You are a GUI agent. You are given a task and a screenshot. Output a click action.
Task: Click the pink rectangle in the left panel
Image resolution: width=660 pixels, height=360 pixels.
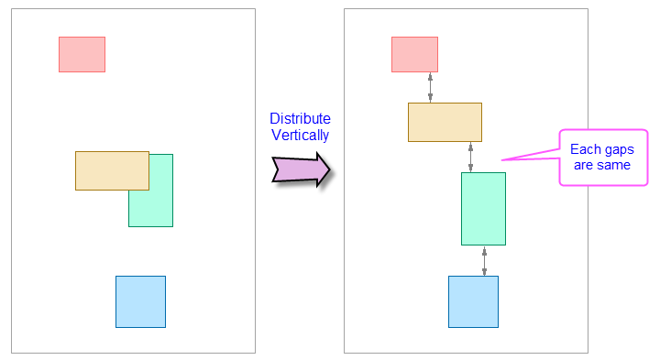click(82, 54)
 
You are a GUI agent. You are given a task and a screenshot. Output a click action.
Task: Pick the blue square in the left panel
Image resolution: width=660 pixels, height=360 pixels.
click(140, 301)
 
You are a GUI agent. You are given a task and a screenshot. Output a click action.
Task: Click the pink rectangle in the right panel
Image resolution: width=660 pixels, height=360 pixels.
click(414, 54)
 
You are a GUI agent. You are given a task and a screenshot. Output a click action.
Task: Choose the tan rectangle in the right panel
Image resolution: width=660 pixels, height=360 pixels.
click(445, 122)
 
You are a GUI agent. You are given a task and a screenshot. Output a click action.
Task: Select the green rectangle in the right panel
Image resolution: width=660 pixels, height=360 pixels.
click(483, 208)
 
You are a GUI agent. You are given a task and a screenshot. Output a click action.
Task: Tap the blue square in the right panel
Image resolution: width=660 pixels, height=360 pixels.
click(473, 301)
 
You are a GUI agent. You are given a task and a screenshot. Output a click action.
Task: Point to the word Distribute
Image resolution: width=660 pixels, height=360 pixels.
click(300, 119)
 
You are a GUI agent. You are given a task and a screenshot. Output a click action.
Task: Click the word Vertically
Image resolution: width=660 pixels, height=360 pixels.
click(300, 136)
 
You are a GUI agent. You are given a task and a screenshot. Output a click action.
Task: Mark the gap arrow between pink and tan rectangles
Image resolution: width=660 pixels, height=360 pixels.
click(430, 87)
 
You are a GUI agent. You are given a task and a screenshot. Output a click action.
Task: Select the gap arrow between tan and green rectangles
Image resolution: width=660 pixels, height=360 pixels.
click(471, 157)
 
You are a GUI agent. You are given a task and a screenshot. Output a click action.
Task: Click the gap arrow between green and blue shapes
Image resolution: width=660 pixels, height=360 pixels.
click(485, 260)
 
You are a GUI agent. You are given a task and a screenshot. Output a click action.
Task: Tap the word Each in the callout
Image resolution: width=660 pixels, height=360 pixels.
click(586, 149)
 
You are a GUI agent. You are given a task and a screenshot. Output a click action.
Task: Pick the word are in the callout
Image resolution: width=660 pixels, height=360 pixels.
click(585, 165)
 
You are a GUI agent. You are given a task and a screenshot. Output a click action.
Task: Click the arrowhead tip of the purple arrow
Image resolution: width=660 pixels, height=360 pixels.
click(327, 169)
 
